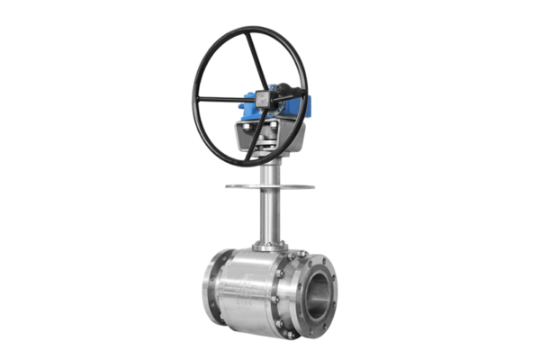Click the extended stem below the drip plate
(x=269, y=216)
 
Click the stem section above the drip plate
(x=269, y=171)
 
